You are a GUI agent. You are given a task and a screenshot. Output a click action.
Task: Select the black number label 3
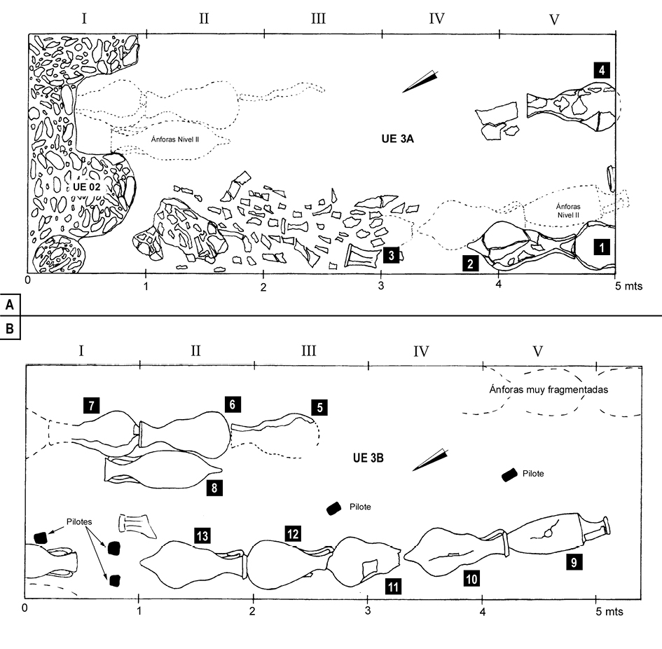pos(392,255)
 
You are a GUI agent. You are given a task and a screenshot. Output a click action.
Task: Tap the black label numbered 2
pos(469,264)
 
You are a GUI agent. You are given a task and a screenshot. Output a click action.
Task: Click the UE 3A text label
pos(394,139)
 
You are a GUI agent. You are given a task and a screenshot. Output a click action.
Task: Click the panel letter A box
pos(10,304)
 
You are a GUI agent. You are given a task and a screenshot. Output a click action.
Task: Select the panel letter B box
pos(10,328)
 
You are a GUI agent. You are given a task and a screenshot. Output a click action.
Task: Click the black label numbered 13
pos(202,536)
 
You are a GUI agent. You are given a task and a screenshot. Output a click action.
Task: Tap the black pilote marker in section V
pos(510,475)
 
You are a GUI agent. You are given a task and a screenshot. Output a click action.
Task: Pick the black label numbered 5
pos(319,406)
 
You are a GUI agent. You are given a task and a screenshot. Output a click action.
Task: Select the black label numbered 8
pos(214,489)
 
